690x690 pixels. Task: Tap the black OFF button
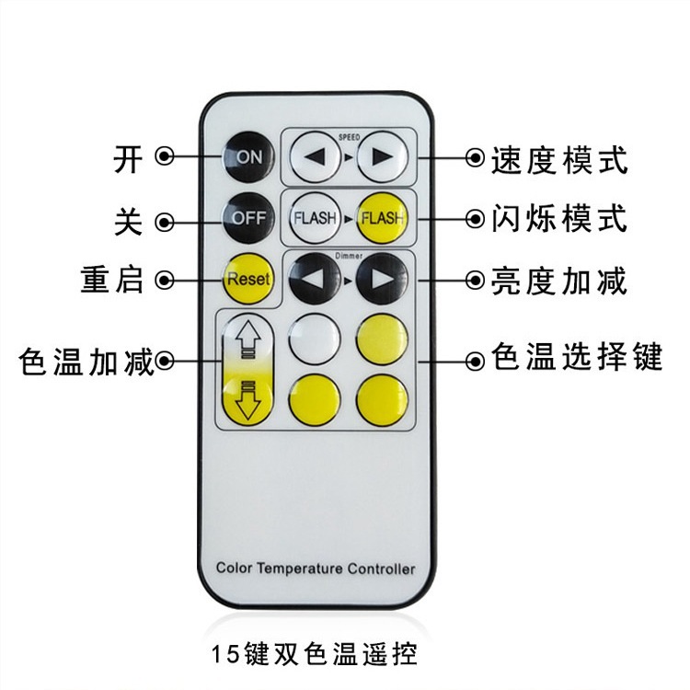click(248, 218)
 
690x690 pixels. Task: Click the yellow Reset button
click(248, 278)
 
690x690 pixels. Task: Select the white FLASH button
click(315, 218)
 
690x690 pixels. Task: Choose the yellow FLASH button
click(382, 218)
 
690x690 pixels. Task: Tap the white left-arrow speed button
click(316, 157)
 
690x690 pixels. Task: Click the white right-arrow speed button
click(382, 157)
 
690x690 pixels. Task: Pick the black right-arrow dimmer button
click(382, 278)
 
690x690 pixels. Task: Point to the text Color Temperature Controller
click(316, 569)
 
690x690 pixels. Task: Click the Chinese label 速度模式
click(559, 159)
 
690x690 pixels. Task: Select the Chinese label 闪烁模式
click(559, 219)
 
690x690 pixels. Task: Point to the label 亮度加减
click(559, 280)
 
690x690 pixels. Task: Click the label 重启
click(112, 280)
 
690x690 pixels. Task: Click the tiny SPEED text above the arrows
click(349, 135)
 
